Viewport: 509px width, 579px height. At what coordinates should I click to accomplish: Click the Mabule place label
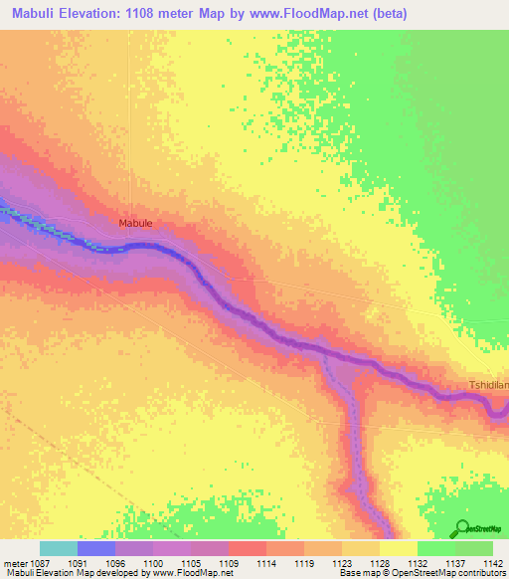pos(135,224)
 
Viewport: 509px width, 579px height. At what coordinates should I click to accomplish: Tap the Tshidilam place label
pos(488,384)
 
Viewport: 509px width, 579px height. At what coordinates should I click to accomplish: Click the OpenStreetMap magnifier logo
pos(461,528)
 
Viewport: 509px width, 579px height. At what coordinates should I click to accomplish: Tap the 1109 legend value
pos(229,562)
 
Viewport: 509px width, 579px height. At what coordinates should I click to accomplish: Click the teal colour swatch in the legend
pos(59,548)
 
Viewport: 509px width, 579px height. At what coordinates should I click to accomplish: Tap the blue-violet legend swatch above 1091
pos(96,548)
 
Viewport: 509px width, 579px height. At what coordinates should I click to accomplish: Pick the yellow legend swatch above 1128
pos(398,548)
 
